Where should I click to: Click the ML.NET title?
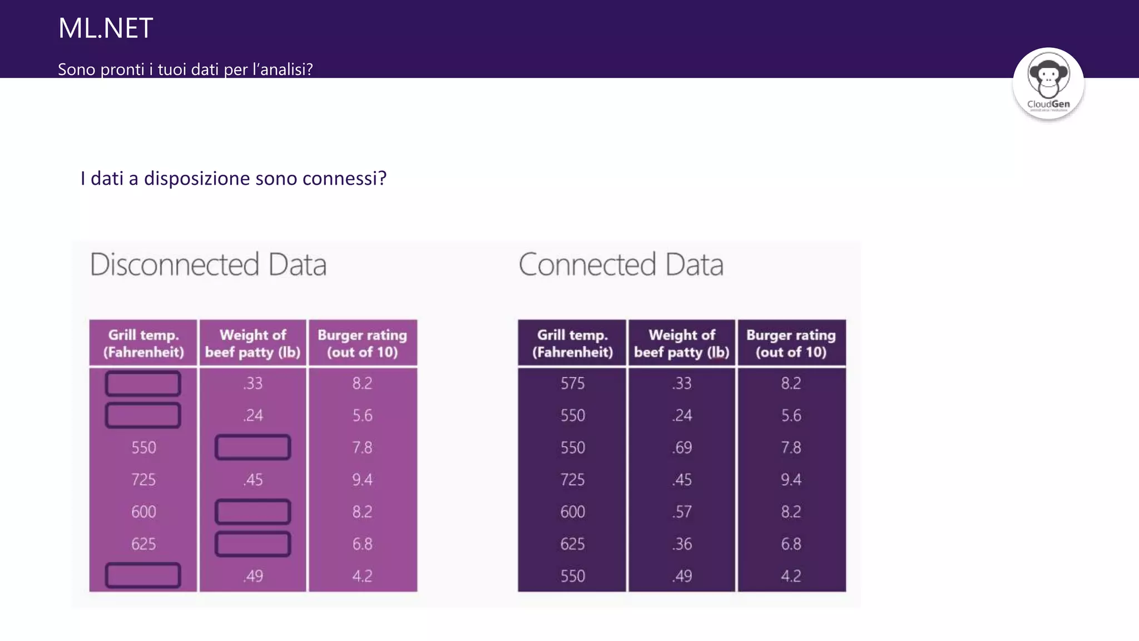[x=106, y=28]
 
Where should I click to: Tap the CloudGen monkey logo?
[x=1048, y=82]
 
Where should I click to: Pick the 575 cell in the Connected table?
[x=572, y=383]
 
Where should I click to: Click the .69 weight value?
[x=682, y=448]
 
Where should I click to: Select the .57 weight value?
[x=682, y=512]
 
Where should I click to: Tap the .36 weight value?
[x=682, y=544]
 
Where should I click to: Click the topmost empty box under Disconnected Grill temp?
[x=143, y=383]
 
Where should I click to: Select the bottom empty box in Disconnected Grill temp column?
[x=143, y=575]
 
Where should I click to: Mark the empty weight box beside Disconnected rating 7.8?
[x=252, y=447]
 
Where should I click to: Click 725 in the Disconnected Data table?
[x=143, y=480]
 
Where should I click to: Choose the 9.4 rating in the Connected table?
[x=791, y=480]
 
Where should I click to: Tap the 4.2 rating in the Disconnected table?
[x=362, y=576]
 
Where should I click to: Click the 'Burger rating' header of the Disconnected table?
[x=362, y=343]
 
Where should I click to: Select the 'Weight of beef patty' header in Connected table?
[x=682, y=343]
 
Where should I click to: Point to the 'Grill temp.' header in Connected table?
[x=572, y=343]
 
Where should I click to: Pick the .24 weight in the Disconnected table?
[x=253, y=416]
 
